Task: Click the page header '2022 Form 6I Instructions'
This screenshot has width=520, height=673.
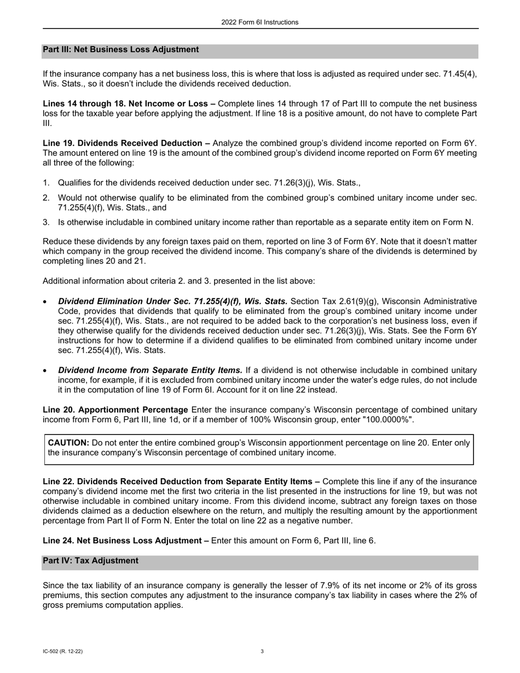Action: tap(260, 22)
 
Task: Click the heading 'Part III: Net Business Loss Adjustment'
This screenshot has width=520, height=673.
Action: tap(120, 50)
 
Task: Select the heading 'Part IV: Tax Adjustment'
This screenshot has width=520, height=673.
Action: tap(90, 561)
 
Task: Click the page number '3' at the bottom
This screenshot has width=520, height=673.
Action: tap(262, 652)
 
